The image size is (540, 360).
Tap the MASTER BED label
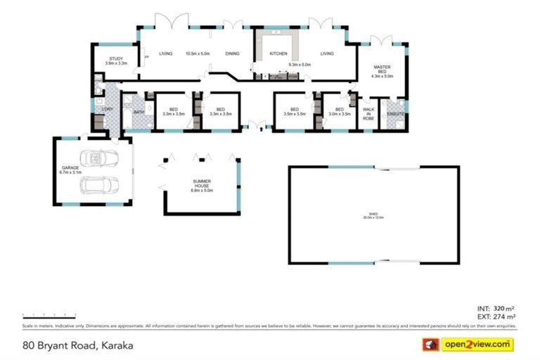(x=382, y=68)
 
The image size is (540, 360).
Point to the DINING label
(x=233, y=53)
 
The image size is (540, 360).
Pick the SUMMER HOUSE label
(x=202, y=184)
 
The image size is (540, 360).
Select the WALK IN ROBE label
(x=368, y=114)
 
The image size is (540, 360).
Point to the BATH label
(x=139, y=112)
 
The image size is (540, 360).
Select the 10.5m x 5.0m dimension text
(x=198, y=53)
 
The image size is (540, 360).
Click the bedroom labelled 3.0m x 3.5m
(x=339, y=111)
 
